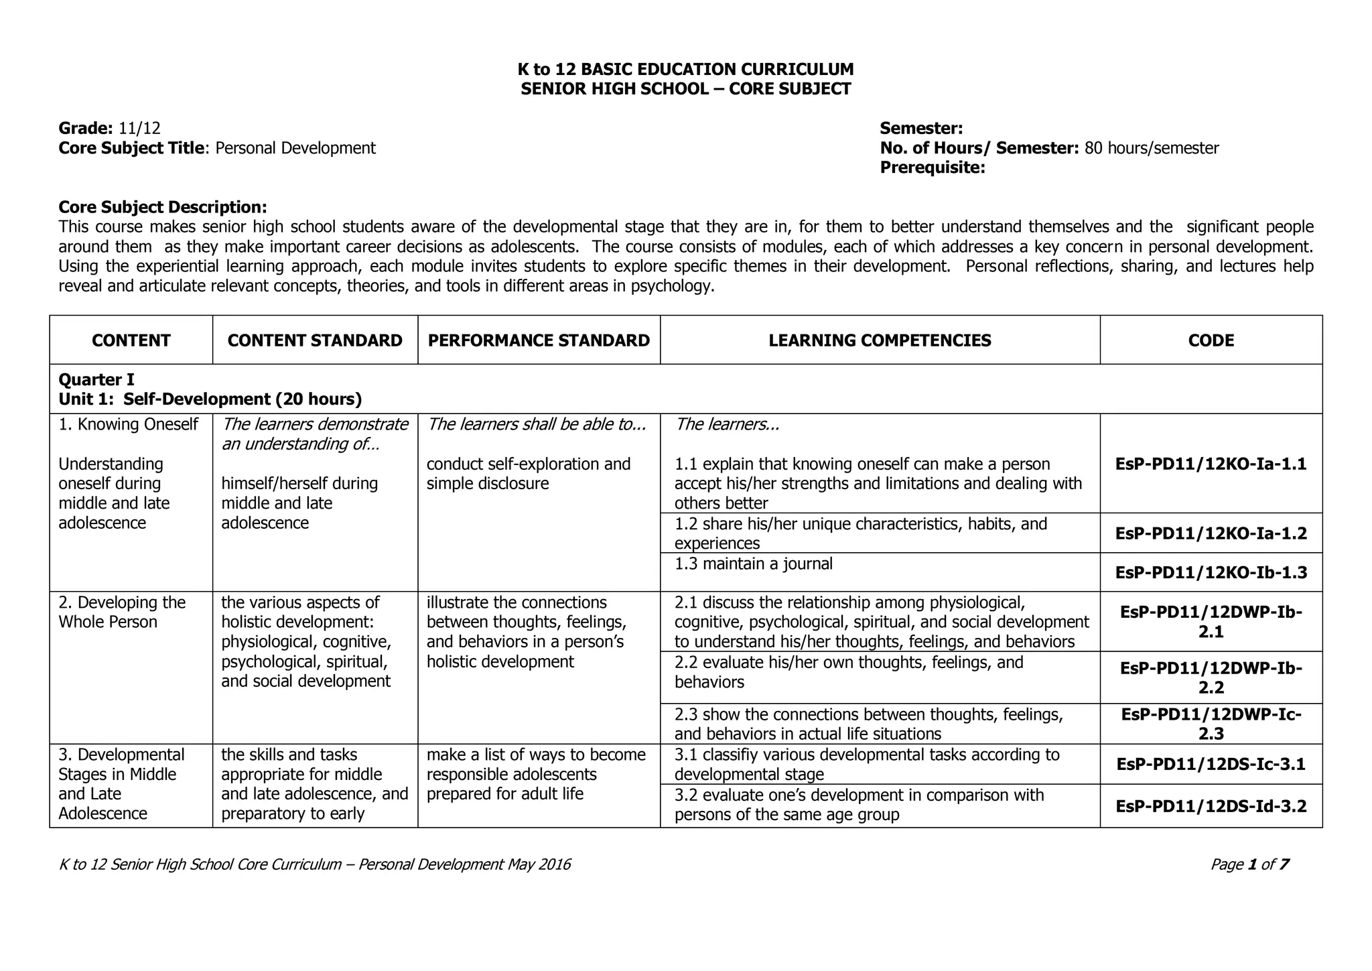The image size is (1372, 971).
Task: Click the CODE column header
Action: tap(1211, 340)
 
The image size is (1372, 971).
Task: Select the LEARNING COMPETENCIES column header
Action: tap(880, 340)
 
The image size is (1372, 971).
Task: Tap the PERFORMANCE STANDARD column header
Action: tap(539, 340)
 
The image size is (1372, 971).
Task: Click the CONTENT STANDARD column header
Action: tap(315, 340)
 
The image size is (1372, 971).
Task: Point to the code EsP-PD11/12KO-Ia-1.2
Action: tap(1211, 533)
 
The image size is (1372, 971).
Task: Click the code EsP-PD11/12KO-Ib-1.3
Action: tap(1211, 573)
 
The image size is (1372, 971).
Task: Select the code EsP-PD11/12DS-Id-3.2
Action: tap(1211, 806)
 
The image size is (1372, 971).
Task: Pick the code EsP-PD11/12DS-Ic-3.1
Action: tap(1211, 765)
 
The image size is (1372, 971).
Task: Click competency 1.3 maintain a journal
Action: tap(754, 564)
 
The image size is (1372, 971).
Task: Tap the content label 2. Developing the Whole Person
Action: tap(121, 612)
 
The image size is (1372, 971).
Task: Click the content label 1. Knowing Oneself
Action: tap(128, 424)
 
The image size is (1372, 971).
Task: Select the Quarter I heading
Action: tap(96, 380)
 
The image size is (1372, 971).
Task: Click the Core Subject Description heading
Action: tap(163, 207)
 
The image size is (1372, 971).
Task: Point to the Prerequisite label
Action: tap(932, 168)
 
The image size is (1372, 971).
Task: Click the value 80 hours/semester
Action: tap(1151, 148)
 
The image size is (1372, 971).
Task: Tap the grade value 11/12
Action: tap(139, 128)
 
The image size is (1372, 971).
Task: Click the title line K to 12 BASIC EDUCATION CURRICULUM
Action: tap(685, 69)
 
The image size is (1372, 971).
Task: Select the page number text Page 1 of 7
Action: tap(1249, 864)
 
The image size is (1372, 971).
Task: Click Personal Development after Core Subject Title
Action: tap(295, 148)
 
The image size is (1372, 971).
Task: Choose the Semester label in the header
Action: tap(921, 128)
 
